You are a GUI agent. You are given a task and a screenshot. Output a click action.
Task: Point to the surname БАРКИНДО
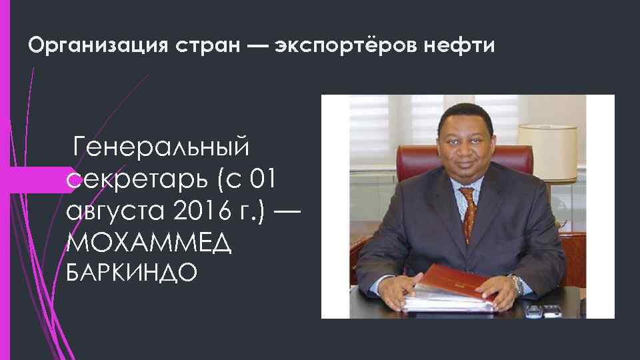tap(131, 273)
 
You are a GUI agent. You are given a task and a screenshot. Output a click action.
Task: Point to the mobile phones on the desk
tap(543, 310)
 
